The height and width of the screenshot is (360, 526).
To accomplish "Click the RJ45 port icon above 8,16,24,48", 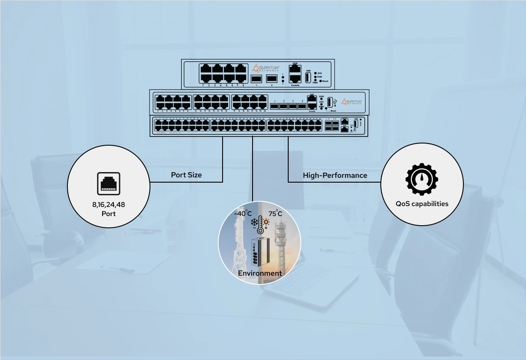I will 108,184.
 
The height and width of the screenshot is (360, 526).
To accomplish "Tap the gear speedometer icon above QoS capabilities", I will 422,180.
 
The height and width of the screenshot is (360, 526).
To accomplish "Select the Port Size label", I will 186,175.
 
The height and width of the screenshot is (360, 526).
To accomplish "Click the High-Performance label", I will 335,175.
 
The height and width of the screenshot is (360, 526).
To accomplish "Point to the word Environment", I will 260,273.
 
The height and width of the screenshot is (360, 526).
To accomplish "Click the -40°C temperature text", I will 243,213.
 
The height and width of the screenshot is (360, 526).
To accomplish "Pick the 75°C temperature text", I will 275,213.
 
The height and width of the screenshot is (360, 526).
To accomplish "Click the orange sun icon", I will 266,222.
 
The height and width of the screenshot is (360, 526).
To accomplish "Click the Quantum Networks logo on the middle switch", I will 351,102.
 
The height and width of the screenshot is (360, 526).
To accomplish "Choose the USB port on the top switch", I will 308,77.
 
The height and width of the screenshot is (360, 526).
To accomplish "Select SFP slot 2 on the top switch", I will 272,79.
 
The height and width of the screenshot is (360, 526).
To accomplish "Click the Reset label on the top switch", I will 324,81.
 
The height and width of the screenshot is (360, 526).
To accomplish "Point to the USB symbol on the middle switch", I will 335,102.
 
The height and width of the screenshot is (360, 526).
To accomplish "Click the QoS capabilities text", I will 422,203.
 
